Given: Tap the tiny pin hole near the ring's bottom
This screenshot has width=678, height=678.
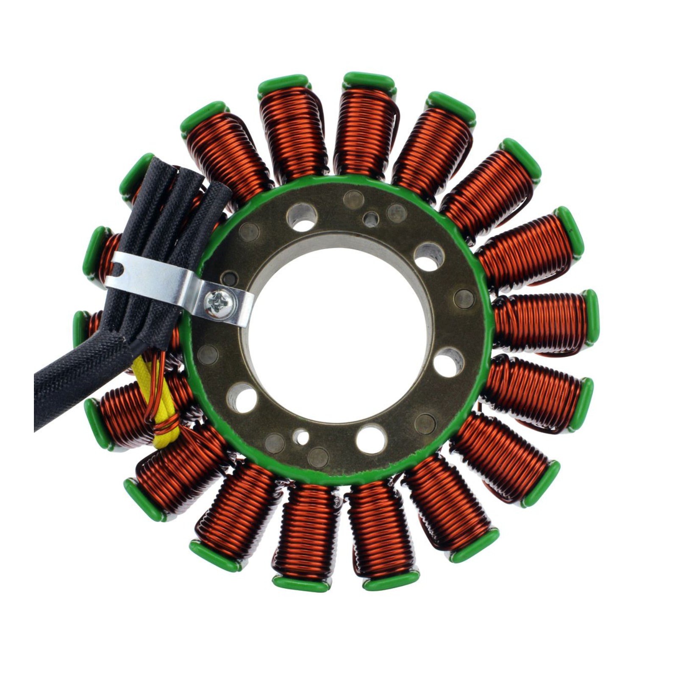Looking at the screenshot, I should (303, 435).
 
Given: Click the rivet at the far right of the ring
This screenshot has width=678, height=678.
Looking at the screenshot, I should (463, 299).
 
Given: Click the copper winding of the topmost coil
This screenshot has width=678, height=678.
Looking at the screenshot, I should (364, 131).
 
